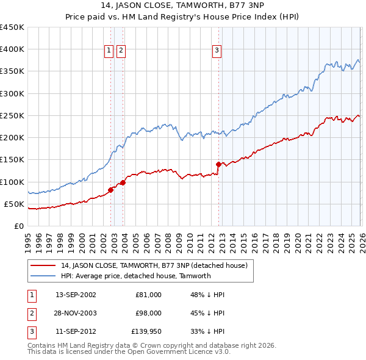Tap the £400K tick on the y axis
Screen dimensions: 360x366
12,49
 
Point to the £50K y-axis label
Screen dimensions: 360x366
14,204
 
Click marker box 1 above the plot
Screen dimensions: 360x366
109,51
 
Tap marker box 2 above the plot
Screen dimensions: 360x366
121,51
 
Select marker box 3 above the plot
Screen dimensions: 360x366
217,51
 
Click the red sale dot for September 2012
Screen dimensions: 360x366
218,164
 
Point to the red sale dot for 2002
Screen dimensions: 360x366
110,190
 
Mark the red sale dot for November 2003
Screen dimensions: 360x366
123,182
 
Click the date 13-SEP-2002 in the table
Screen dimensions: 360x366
76,295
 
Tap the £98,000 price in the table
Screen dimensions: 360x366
148,313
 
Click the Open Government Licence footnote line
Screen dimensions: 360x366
129,352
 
